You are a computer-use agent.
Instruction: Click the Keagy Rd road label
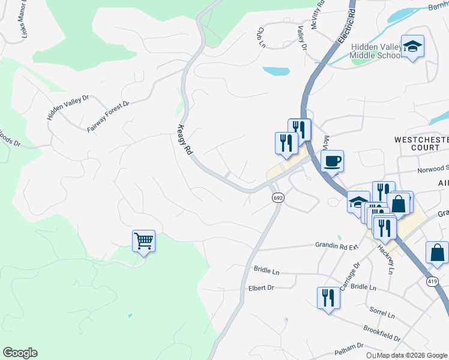click(x=184, y=140)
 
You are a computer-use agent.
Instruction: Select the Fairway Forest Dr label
click(x=108, y=116)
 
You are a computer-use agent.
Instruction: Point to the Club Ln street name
click(x=261, y=37)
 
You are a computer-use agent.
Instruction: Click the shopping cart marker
click(x=143, y=241)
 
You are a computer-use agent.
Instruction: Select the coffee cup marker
click(x=332, y=161)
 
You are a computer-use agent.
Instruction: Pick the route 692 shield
click(x=277, y=197)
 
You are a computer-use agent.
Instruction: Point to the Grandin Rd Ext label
click(x=337, y=245)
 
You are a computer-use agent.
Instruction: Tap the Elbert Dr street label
click(x=261, y=289)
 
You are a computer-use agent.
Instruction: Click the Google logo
click(x=20, y=353)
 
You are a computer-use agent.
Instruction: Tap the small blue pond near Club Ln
click(x=276, y=71)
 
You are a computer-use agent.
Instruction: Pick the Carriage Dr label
click(x=349, y=276)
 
